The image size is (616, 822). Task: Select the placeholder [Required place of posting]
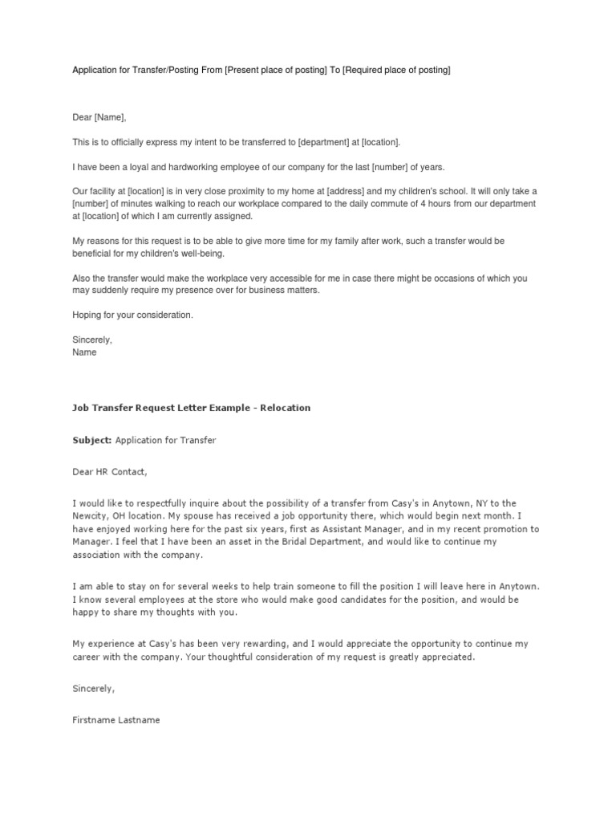[x=397, y=71]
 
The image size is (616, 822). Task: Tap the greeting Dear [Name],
[x=99, y=118]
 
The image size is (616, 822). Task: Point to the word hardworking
[x=186, y=167]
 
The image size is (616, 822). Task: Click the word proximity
[x=256, y=191]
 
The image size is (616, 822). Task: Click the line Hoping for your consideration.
[x=132, y=315]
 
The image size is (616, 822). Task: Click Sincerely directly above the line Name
[x=92, y=340]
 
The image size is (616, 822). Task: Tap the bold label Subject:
[x=92, y=441]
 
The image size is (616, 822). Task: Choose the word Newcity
[x=90, y=516]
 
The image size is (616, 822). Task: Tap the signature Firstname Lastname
[x=115, y=720]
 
